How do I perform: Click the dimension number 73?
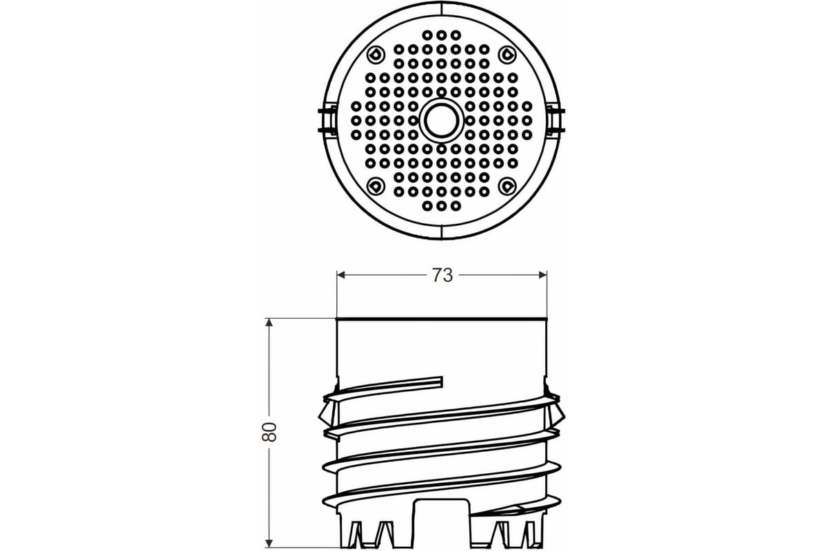(x=442, y=275)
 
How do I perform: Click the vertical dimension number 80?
(x=269, y=432)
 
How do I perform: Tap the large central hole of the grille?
(x=442, y=121)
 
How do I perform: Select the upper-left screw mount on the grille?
(x=376, y=54)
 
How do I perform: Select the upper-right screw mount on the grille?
(x=507, y=54)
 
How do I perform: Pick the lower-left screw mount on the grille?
(x=376, y=186)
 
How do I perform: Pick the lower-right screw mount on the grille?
(x=507, y=186)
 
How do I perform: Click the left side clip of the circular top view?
(x=328, y=121)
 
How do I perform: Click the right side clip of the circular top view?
(x=555, y=121)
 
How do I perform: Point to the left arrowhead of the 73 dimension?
(x=340, y=275)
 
